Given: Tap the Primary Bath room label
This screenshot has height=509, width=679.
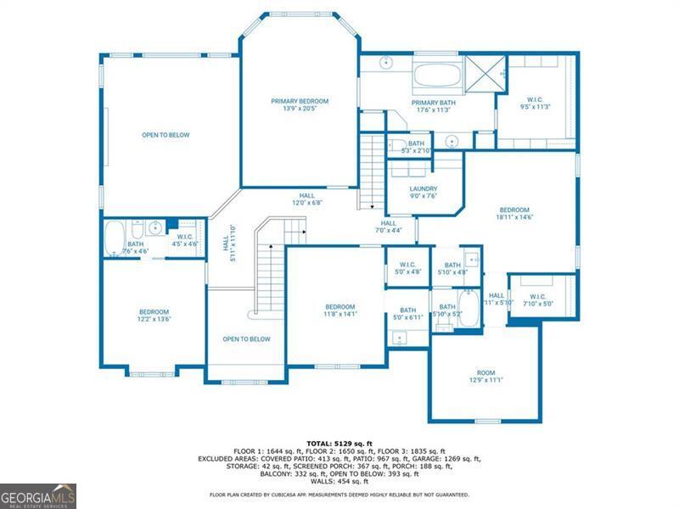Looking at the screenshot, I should [x=435, y=107].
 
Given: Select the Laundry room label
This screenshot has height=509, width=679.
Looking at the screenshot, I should [x=423, y=193].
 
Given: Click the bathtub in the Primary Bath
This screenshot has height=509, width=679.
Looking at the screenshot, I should [x=437, y=76].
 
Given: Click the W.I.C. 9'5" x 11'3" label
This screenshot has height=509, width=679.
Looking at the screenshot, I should [x=536, y=103].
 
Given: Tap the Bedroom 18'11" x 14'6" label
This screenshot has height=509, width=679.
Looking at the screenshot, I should [x=514, y=214].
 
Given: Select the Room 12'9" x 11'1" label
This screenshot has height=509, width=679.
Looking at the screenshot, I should [x=485, y=377].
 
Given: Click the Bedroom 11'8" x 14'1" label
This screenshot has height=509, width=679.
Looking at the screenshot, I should [x=339, y=310].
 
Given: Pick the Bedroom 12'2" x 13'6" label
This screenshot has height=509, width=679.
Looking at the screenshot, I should [x=154, y=316].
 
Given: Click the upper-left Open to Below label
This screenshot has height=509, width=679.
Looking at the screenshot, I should [x=166, y=135].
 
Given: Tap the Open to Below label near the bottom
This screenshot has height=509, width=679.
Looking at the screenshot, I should [x=246, y=339].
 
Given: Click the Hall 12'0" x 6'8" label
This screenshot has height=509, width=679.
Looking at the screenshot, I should [x=306, y=199].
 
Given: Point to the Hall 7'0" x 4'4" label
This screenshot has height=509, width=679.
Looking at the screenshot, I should [x=388, y=227].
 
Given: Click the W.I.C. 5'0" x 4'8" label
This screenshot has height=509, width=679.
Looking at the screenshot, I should [x=407, y=269].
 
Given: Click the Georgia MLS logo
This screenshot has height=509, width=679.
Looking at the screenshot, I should [x=38, y=495].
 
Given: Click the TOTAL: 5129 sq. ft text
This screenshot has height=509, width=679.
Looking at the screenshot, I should [x=339, y=443].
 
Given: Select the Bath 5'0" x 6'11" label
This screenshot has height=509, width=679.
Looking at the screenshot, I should [x=407, y=314].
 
